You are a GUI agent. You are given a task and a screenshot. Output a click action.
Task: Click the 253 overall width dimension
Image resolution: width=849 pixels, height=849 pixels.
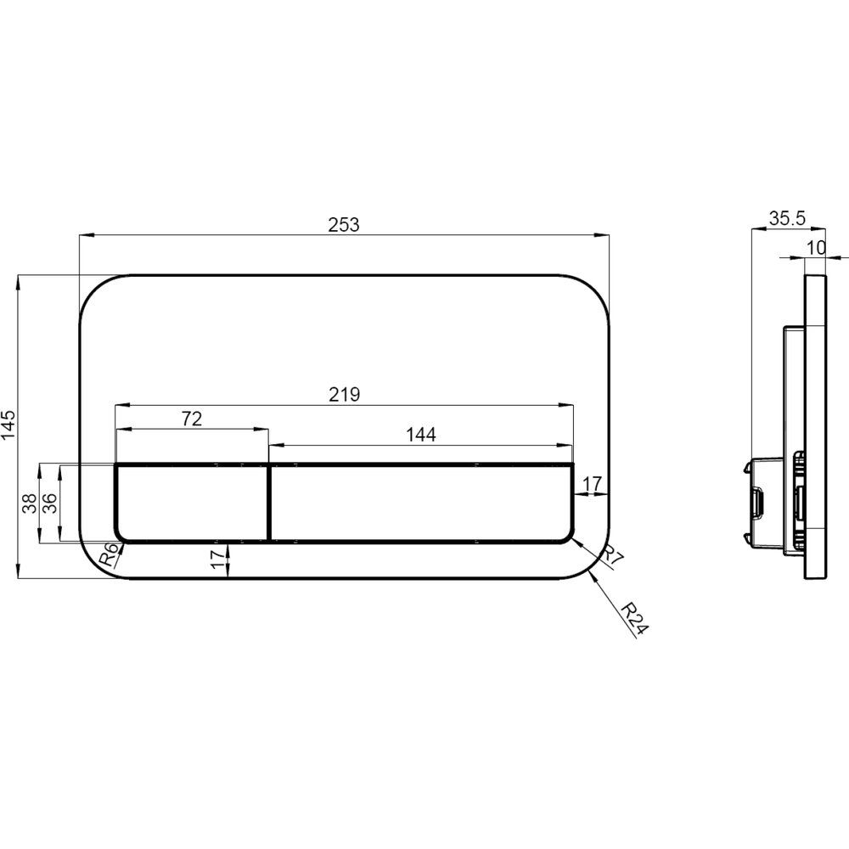(344, 224)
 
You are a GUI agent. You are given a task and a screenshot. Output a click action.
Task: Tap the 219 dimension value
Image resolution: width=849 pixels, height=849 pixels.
(345, 394)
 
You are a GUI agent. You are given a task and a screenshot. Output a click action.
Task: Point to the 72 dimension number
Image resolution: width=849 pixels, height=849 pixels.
(192, 419)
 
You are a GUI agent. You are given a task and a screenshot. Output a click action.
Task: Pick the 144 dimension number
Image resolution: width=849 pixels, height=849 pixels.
(421, 434)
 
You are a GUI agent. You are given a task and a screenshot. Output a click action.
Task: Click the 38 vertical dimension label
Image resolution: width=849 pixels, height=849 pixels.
(31, 503)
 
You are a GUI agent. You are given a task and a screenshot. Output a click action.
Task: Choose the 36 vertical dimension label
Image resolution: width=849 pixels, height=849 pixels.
(50, 503)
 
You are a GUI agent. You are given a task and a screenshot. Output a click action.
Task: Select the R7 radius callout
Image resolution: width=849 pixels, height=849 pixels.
(612, 557)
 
